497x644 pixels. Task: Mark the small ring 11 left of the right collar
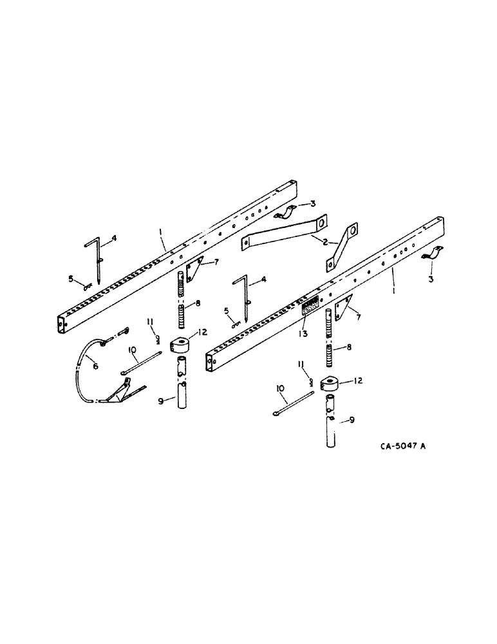coord(310,383)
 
